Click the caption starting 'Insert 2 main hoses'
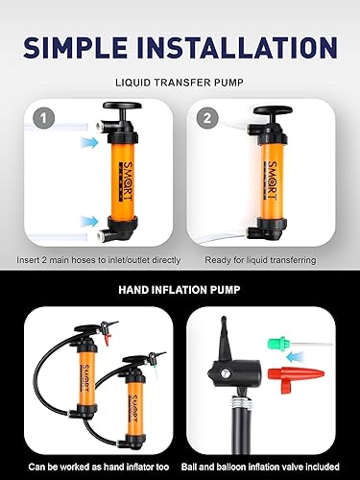coord(94,260)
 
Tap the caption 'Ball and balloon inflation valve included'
coord(271,466)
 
